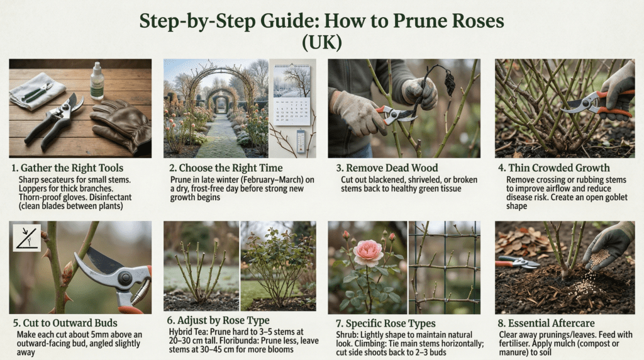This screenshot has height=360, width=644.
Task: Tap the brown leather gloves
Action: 120,125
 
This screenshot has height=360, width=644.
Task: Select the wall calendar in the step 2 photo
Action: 292,94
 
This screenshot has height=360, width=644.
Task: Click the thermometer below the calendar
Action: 301,141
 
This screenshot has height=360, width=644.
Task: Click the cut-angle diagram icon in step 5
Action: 26,237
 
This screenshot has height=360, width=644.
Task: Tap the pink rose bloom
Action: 368,253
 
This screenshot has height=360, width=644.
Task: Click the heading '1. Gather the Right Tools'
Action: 67,167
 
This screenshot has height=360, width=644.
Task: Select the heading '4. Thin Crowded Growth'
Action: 553,167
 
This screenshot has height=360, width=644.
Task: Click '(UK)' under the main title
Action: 322,42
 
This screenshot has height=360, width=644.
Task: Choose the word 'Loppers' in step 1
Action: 32,189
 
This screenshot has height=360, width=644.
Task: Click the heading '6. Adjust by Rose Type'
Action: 218,320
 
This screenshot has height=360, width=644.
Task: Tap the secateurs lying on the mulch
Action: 518,262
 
